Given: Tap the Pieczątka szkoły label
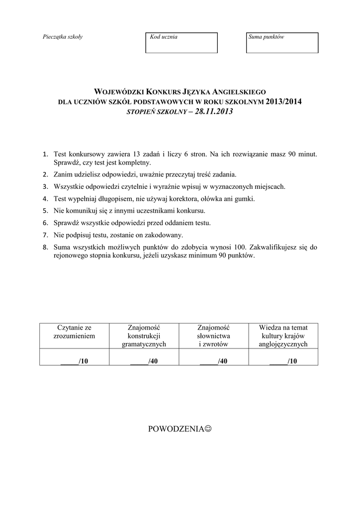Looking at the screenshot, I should (63, 37).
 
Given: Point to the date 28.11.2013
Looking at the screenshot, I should (214, 112).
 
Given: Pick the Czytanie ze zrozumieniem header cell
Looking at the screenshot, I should (74, 332).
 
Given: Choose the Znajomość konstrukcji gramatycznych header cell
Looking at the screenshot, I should (144, 336).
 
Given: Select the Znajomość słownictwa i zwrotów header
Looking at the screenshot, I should (213, 336).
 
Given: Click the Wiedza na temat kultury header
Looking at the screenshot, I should (283, 336).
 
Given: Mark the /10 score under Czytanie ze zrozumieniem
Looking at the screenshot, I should (75, 361).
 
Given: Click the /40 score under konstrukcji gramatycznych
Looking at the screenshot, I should (144, 361).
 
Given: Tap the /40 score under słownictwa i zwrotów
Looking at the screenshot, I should (214, 361).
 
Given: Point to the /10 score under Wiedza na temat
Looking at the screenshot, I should (283, 361).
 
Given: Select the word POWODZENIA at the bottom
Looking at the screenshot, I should (176, 428).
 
